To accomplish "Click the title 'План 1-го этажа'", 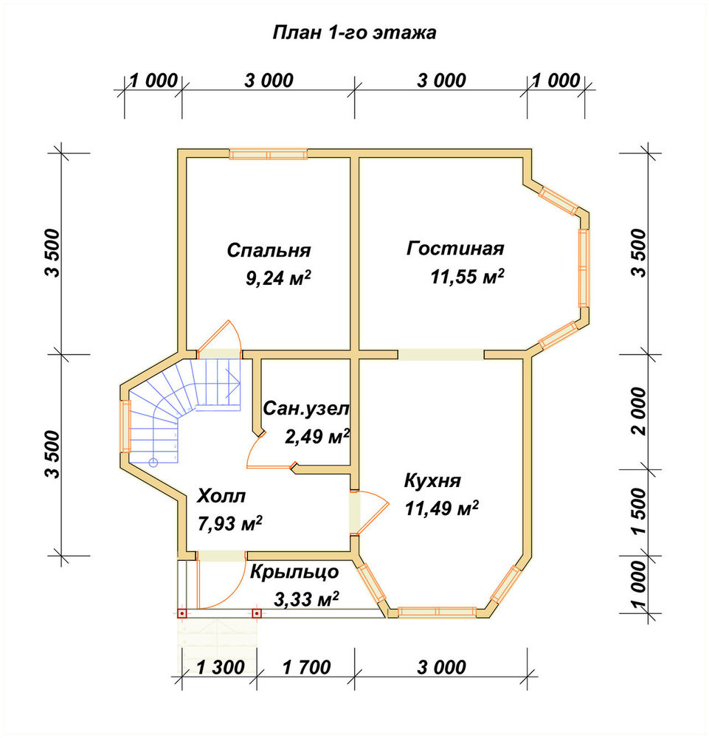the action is pos(354,33).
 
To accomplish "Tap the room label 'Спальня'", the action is pos(269,250).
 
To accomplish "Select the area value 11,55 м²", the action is pos(467,277).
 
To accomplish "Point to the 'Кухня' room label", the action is pos(432,481).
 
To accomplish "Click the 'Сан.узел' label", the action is pos(305,409).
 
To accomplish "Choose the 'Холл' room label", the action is pos(221,496).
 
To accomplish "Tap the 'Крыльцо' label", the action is pos(294,573).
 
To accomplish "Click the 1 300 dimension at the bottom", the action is pos(220,667).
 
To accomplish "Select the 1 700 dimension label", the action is pos(307,667).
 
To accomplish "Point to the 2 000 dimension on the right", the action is pos(640,411).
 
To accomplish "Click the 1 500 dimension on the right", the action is pos(640,511).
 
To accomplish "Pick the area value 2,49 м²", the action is pos(317,437).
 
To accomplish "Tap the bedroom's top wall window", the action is pos(268,154).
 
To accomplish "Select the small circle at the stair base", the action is pos(153,462).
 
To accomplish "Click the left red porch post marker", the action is pos(182,614).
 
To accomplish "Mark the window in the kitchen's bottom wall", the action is pos(437,612).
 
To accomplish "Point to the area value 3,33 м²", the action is pos(306,599).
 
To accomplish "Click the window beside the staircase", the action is pos(125,426).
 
